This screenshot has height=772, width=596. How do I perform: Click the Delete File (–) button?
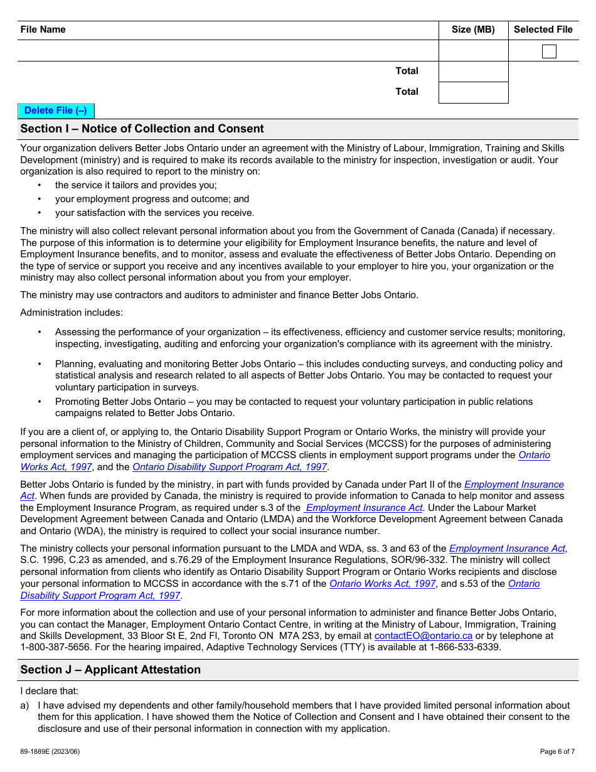click(56, 111)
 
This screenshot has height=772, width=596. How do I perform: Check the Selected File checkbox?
click(549, 51)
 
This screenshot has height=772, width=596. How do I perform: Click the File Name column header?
click(43, 29)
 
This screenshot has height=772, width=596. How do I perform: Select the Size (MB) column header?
click(473, 29)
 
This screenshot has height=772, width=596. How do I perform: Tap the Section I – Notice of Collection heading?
click(142, 129)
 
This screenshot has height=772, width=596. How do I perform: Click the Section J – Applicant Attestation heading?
click(110, 670)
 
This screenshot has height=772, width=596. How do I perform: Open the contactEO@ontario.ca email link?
click(423, 636)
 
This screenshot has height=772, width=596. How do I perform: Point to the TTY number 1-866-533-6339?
click(465, 647)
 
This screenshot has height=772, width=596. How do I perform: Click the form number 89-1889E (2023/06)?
click(50, 751)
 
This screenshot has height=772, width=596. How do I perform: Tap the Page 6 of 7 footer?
click(557, 751)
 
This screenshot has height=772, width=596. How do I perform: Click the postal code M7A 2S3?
click(301, 636)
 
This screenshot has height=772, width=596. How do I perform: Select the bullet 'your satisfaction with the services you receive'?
click(154, 213)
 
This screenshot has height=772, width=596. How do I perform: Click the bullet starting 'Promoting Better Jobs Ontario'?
click(294, 402)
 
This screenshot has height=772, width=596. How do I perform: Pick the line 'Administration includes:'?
click(72, 313)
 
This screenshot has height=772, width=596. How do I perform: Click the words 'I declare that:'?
click(49, 691)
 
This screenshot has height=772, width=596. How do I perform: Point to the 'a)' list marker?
click(24, 705)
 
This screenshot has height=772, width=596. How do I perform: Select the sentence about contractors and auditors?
click(219, 295)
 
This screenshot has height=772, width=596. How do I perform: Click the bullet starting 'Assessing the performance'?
click(310, 332)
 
